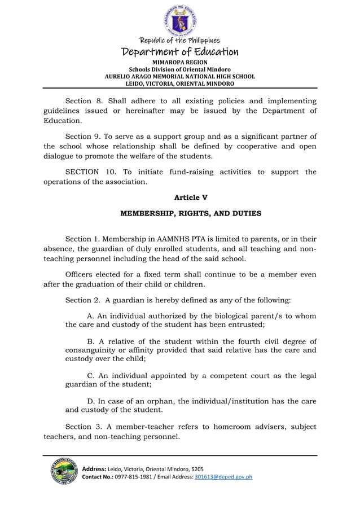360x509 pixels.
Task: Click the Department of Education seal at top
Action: tap(180, 20)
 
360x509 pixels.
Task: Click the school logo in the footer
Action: tap(61, 475)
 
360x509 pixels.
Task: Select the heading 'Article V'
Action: tap(187, 197)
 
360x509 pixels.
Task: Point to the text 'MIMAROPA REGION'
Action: tap(180, 62)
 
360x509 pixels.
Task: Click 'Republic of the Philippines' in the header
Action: tap(180, 41)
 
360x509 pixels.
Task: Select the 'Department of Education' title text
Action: tap(180, 52)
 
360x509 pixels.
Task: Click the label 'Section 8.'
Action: tap(84, 101)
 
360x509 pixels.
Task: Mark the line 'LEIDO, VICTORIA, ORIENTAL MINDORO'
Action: tap(180, 83)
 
